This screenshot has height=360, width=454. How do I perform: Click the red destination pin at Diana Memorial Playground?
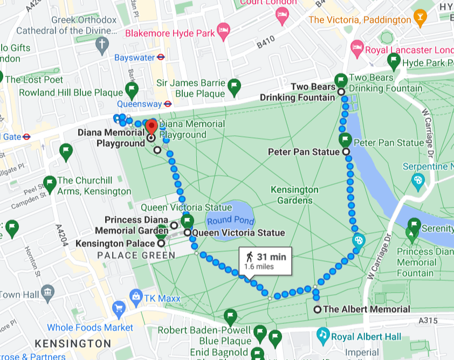(152, 127)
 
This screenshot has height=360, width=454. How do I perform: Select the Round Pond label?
(230, 220)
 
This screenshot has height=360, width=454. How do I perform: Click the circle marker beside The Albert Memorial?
(318, 309)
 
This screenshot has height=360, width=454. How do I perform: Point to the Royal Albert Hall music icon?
(323, 334)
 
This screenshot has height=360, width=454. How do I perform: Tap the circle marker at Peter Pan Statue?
(346, 152)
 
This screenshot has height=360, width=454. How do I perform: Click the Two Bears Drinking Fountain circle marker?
(341, 92)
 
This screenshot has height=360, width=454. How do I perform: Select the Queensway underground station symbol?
(168, 104)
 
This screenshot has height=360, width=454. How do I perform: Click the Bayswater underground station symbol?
(160, 57)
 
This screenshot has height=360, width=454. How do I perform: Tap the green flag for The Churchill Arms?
(50, 183)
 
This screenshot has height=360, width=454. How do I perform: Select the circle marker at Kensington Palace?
(161, 244)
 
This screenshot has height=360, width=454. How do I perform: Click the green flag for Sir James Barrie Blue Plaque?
(234, 85)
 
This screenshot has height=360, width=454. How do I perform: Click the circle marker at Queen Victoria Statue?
(187, 233)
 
